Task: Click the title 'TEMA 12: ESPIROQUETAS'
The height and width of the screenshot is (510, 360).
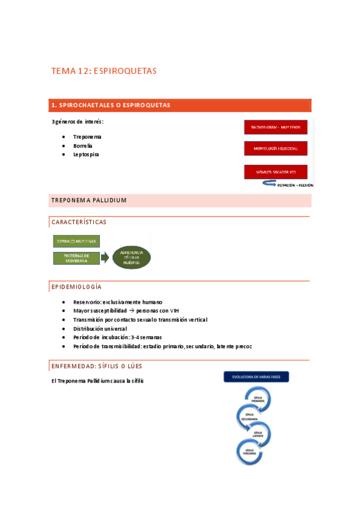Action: tap(104, 71)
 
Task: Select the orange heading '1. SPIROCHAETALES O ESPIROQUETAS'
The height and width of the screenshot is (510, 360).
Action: tap(111, 105)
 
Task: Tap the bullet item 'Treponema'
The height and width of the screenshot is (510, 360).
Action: tap(87, 137)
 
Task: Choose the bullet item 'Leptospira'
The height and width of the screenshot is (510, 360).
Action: tap(86, 155)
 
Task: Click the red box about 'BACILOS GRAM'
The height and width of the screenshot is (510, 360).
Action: tap(276, 127)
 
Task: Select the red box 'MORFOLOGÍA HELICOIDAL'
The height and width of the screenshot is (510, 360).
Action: tap(276, 148)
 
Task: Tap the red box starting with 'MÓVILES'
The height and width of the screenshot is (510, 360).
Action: tap(276, 171)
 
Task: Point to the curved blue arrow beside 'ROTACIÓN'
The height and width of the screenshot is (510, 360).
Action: tap(267, 184)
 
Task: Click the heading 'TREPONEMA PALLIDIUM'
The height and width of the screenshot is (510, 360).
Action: tap(88, 200)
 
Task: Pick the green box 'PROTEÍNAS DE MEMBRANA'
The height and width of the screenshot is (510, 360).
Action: tap(76, 258)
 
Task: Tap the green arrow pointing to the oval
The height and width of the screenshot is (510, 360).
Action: tap(105, 258)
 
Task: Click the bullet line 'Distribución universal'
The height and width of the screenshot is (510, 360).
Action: tap(100, 328)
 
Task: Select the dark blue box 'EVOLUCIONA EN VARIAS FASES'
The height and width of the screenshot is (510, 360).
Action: tap(257, 378)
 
